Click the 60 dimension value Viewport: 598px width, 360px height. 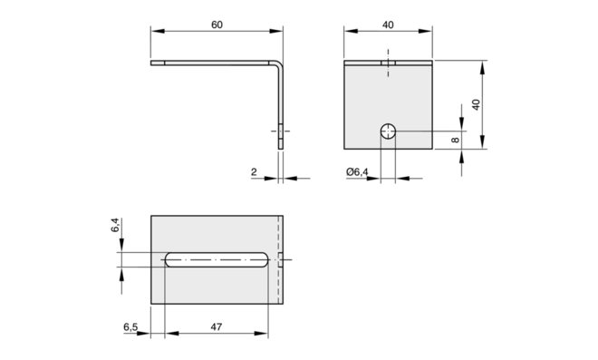pyautogui.click(x=217, y=24)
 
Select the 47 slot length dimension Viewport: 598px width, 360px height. pyautogui.click(x=217, y=327)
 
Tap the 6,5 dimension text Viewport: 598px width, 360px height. pyautogui.click(x=130, y=327)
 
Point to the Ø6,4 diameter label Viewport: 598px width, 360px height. pyautogui.click(x=357, y=172)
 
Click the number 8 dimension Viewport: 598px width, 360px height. pyautogui.click(x=455, y=141)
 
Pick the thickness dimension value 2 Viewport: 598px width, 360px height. pyautogui.click(x=254, y=172)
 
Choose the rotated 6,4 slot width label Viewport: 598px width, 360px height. pyautogui.click(x=115, y=225)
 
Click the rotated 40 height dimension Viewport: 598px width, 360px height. pyautogui.click(x=476, y=104)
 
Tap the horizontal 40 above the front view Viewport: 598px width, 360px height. pyautogui.click(x=388, y=24)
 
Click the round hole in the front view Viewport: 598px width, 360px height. pyautogui.click(x=388, y=131)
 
